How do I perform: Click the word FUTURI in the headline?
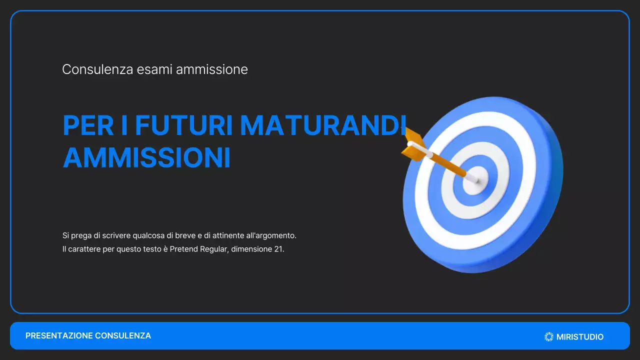[183, 125]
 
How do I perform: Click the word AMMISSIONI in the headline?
[146, 157]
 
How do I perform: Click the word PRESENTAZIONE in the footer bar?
[59, 336]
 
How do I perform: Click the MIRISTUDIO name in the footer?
[580, 337]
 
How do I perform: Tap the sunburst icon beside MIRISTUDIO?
[549, 337]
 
